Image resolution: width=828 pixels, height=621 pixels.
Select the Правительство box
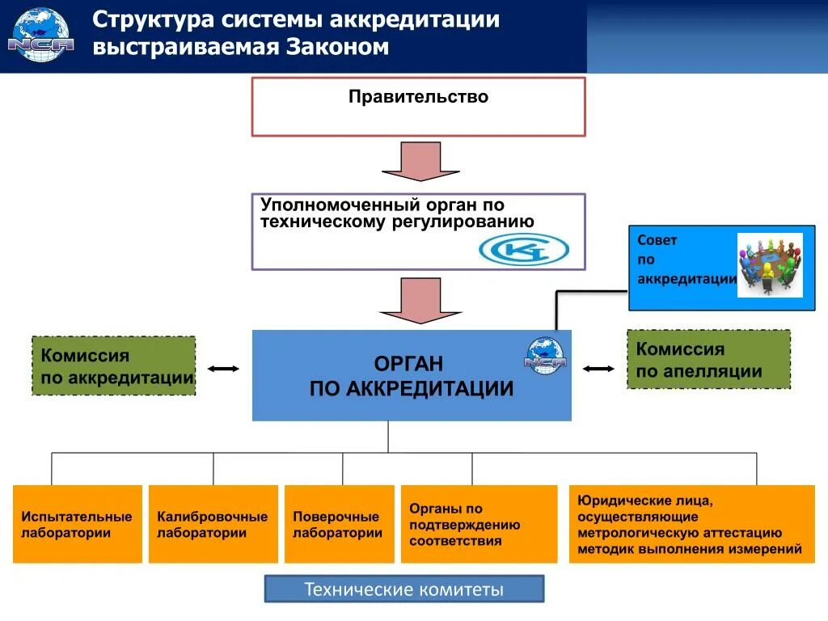click(x=418, y=107)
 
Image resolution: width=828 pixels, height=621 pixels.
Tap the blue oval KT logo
click(x=523, y=250)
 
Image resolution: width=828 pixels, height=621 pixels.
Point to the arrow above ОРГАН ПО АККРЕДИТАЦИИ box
click(x=420, y=300)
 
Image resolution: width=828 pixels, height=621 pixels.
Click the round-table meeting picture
click(x=769, y=264)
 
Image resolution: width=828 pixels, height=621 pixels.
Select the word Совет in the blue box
click(x=657, y=240)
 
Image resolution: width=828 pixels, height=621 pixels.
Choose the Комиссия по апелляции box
click(x=708, y=360)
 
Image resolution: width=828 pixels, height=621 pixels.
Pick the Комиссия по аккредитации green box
click(x=113, y=366)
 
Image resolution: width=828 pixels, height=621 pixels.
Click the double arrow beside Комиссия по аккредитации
click(x=223, y=369)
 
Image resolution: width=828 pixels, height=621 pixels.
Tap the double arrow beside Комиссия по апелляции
click(x=598, y=369)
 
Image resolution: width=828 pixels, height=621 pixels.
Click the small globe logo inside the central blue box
click(x=545, y=354)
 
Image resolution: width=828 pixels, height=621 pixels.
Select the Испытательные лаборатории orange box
click(x=77, y=524)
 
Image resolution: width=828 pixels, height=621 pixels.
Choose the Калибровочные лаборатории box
click(x=213, y=524)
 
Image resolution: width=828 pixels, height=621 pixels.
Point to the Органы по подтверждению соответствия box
click(x=479, y=524)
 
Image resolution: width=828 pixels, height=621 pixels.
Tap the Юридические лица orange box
click(x=691, y=524)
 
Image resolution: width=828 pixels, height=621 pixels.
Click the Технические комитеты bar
click(x=404, y=589)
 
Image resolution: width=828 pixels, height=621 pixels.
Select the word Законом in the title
click(x=336, y=47)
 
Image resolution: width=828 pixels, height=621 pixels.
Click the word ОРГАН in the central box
click(x=408, y=364)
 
